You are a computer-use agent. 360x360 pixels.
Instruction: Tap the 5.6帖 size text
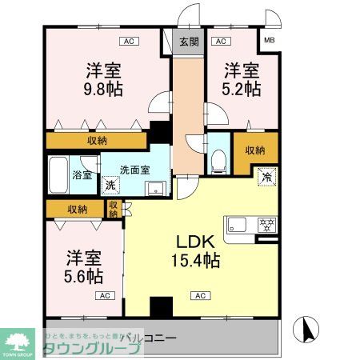pyautogui.click(x=83, y=277)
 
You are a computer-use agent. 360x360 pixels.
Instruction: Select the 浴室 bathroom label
pyautogui.click(x=82, y=174)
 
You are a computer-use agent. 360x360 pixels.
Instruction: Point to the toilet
pyautogui.click(x=218, y=160)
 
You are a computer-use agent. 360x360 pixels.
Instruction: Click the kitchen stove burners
pyautogui.click(x=266, y=222)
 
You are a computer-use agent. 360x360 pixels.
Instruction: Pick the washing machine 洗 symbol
pyautogui.click(x=111, y=186)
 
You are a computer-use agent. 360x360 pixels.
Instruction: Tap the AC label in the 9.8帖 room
pyautogui.click(x=127, y=41)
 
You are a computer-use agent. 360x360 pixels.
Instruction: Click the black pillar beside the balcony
pyautogui.click(x=162, y=307)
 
